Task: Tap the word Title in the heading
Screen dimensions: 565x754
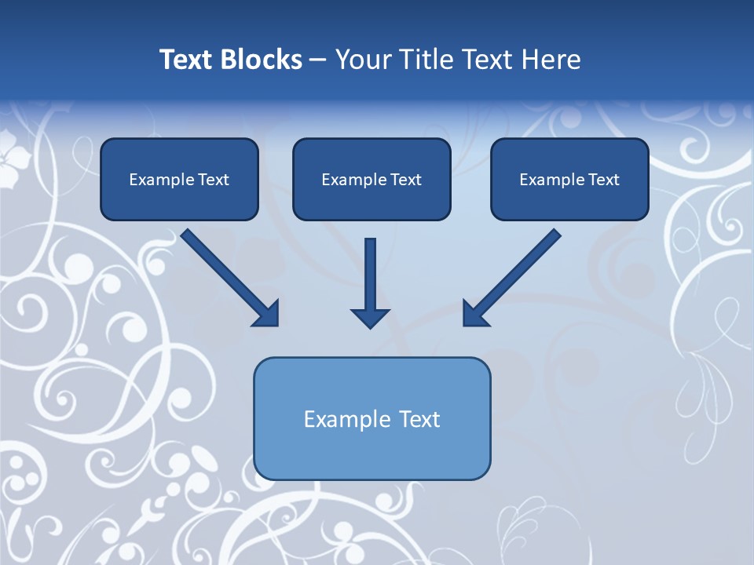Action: pos(428,60)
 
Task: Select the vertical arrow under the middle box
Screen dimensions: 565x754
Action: pos(370,275)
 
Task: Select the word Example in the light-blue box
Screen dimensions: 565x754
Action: pos(348,420)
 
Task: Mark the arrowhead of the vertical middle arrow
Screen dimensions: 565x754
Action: pos(370,317)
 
